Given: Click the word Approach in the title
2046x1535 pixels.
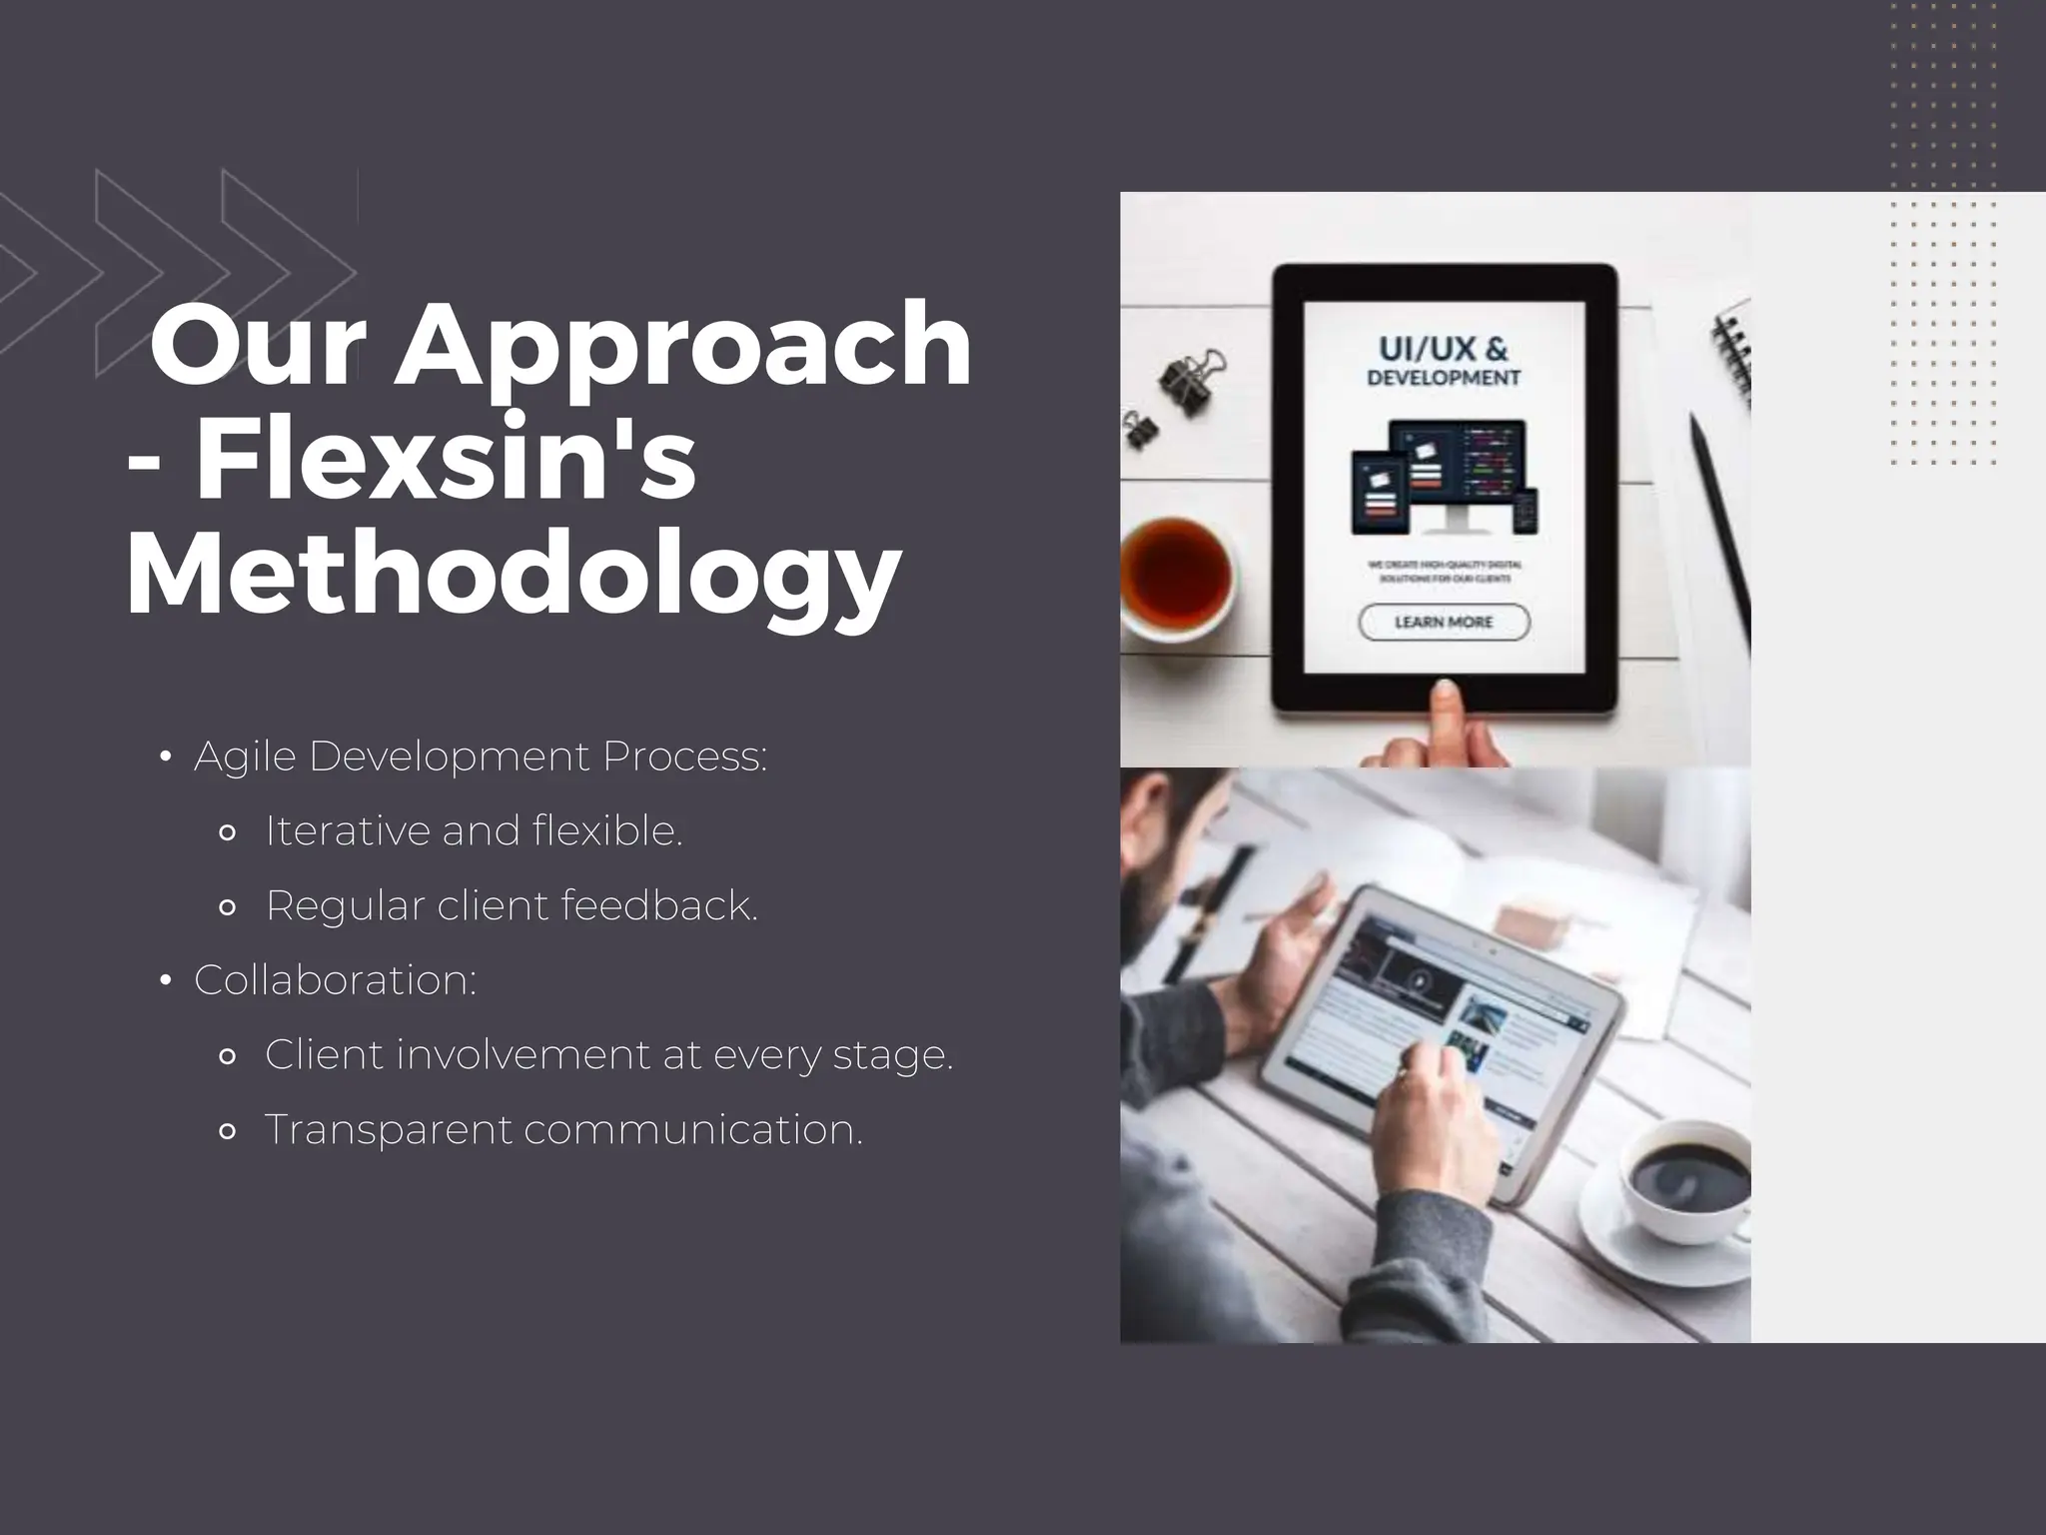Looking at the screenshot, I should point(682,346).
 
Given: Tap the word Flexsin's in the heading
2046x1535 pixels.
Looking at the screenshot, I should point(445,461).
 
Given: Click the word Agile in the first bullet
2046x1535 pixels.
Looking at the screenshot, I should point(245,757).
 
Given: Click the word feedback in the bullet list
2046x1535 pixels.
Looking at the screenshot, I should point(658,905).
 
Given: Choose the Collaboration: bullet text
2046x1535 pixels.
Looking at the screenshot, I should point(336,979).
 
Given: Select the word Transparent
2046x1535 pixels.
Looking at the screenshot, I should point(388,1129).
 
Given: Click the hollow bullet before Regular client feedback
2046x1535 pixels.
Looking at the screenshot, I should point(227,907).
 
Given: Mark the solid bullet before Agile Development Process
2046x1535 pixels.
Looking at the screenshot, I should point(166,758).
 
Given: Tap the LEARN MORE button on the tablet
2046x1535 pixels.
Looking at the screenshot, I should point(1444,622).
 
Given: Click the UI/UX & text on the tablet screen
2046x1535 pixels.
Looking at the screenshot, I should point(1444,349).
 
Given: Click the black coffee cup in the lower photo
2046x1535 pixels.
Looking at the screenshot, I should point(1688,1179).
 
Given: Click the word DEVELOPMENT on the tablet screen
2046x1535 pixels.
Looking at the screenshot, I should point(1444,378).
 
